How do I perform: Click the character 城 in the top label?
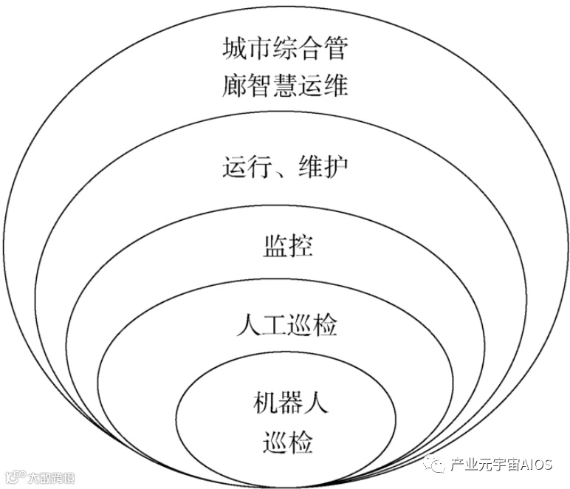(x=235, y=50)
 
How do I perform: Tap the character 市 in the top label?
(x=260, y=50)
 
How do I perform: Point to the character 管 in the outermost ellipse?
(x=334, y=50)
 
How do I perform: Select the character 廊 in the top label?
(x=235, y=86)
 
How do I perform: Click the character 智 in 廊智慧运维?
(x=260, y=86)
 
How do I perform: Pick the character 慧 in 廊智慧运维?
(x=285, y=86)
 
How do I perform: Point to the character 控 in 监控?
(x=298, y=246)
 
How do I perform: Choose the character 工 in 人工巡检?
(x=273, y=325)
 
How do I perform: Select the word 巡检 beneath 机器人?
(x=286, y=442)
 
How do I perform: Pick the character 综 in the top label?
(x=285, y=50)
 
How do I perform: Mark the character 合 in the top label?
(x=310, y=50)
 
